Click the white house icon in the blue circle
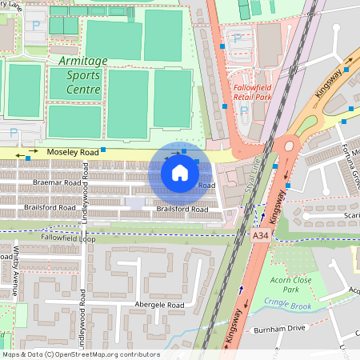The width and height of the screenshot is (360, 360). click(180, 172)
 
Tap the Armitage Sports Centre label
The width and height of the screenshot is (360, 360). click(78, 75)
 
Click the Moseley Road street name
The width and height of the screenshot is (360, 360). click(72, 152)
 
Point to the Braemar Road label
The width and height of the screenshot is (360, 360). click(58, 183)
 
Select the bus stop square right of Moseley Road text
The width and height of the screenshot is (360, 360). click(103, 150)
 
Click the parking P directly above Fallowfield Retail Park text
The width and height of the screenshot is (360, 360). click(237, 38)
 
